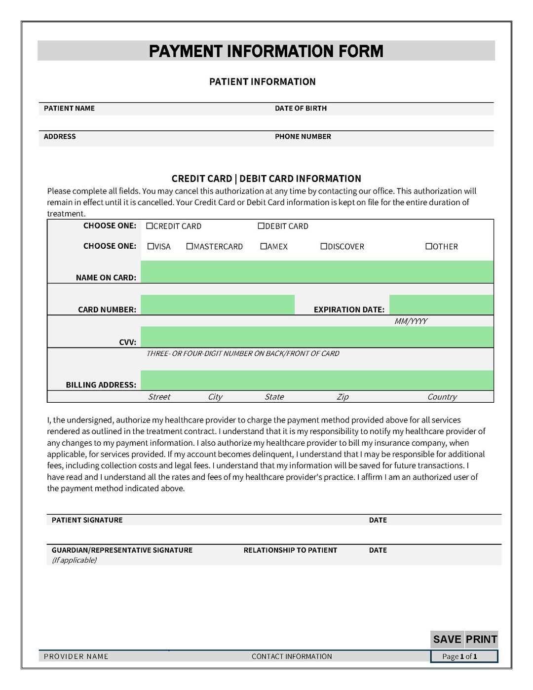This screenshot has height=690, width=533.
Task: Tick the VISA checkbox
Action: click(x=151, y=246)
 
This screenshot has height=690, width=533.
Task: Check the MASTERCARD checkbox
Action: click(x=190, y=246)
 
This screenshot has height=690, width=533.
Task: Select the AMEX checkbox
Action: click(x=264, y=246)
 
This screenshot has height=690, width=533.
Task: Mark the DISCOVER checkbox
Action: click(x=324, y=246)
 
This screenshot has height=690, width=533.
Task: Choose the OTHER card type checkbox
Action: click(x=429, y=246)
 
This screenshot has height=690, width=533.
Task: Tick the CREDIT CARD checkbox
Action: click(x=150, y=226)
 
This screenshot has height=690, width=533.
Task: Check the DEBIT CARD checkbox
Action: click(x=261, y=226)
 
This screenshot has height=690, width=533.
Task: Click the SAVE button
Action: click(x=447, y=639)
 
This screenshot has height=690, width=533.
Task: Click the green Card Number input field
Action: click(x=218, y=305)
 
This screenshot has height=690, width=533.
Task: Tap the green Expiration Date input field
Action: click(x=441, y=305)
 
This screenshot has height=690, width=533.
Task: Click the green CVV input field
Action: click(x=317, y=337)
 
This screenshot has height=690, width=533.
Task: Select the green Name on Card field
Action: click(x=317, y=272)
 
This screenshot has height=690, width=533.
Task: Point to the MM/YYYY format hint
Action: click(x=411, y=321)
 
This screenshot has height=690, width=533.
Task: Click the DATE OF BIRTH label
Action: click(x=301, y=108)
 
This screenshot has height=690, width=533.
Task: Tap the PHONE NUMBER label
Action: click(x=303, y=137)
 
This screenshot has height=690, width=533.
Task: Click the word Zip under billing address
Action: click(x=343, y=397)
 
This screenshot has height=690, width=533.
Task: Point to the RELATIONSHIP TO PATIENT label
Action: click(x=290, y=550)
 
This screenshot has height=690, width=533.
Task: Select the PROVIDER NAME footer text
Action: click(x=76, y=656)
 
